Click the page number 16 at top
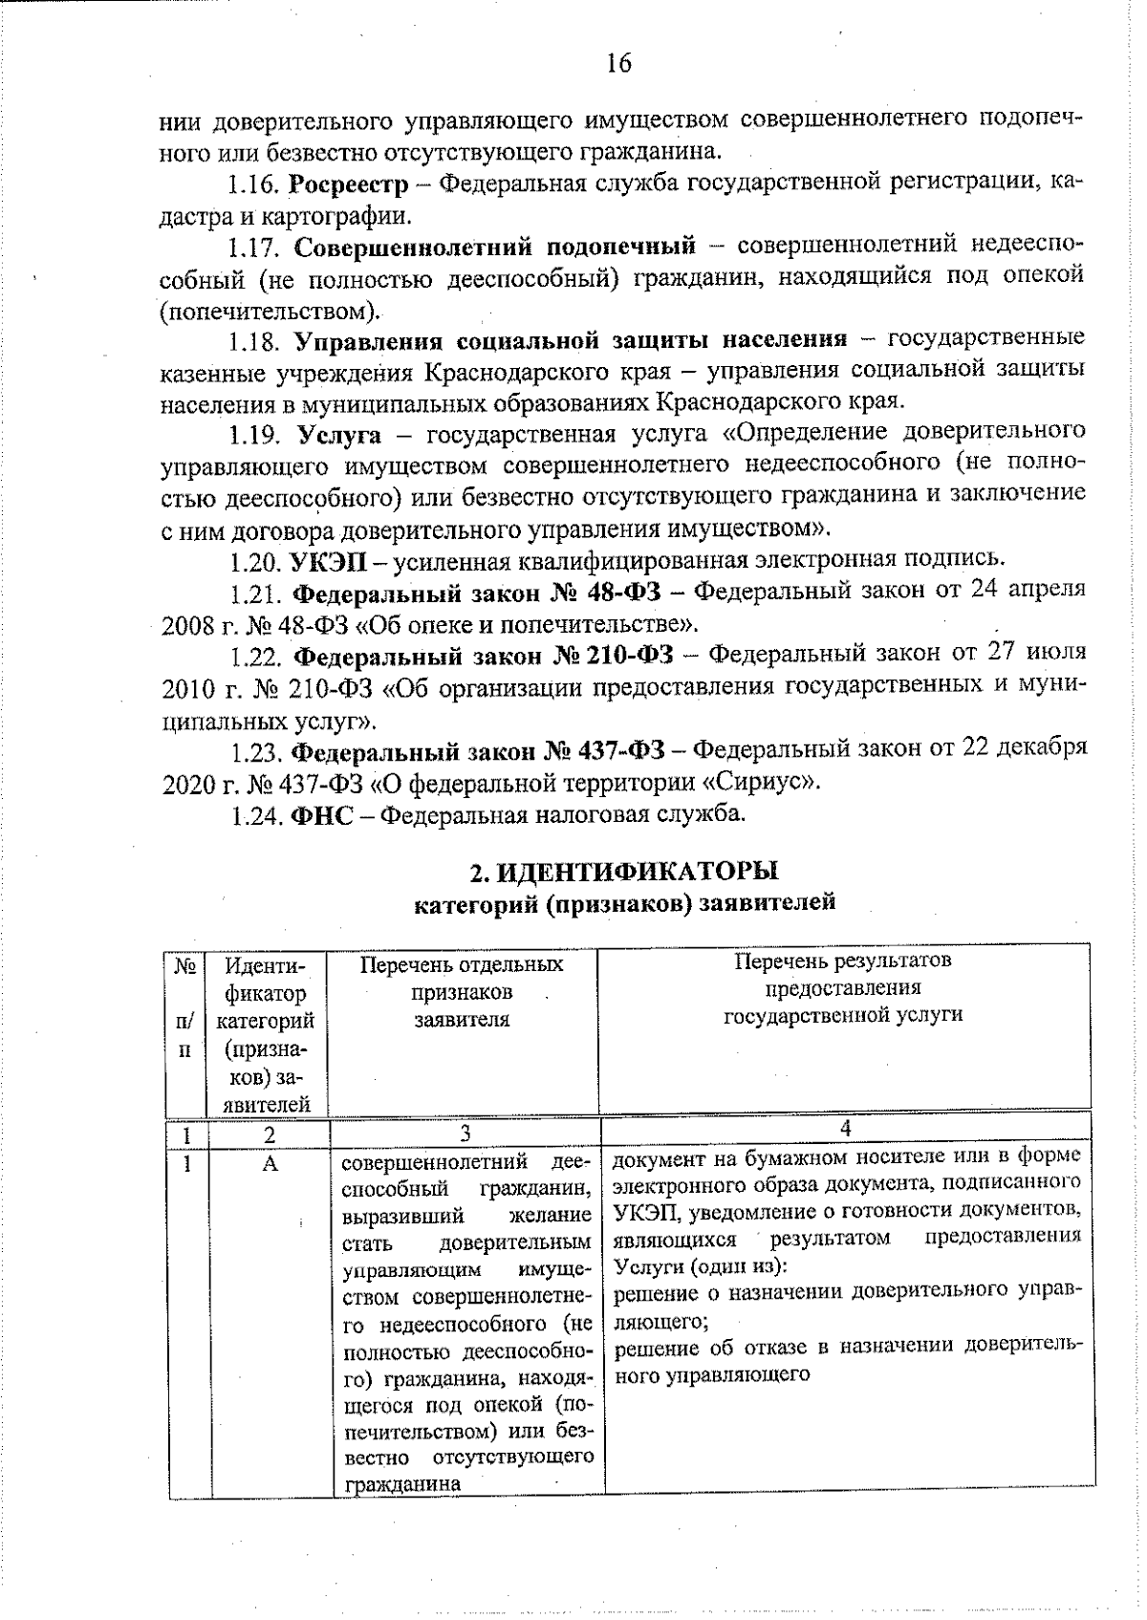[x=618, y=63]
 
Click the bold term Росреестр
[x=348, y=184]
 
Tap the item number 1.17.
[x=252, y=247]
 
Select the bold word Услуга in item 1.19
[x=338, y=435]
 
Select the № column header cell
[x=185, y=965]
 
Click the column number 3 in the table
[x=465, y=1134]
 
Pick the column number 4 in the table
[x=845, y=1129]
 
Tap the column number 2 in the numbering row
[x=270, y=1134]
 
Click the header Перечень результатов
[x=843, y=961]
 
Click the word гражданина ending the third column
[x=388, y=1483]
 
